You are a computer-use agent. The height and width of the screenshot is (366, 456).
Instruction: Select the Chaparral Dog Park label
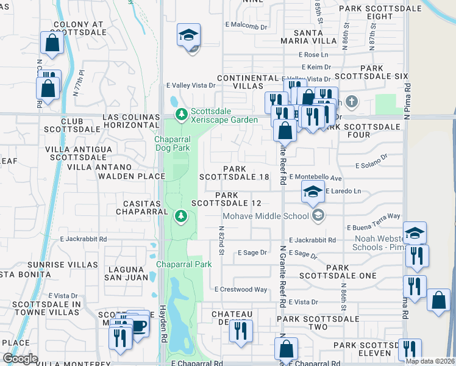coord(172,143)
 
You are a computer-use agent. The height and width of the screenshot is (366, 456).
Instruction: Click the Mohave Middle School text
coord(265,216)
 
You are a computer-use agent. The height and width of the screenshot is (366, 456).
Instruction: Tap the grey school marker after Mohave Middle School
coord(317,215)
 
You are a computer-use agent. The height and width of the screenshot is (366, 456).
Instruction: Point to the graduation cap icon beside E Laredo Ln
coord(312,192)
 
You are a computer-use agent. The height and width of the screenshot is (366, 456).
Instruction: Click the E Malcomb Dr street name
coord(246,27)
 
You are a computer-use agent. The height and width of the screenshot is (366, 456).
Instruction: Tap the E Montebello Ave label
coord(316,177)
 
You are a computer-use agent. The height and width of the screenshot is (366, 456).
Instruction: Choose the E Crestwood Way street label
coord(241,289)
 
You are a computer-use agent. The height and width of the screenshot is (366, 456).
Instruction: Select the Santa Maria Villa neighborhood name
coord(308,36)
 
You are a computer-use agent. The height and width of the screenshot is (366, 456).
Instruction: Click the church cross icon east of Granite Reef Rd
coord(351,101)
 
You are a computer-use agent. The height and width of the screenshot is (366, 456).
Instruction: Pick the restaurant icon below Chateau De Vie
coord(241,331)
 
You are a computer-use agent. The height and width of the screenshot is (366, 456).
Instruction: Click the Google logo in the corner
coord(20,359)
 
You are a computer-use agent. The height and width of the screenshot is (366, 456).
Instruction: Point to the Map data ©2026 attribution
coord(430,361)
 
